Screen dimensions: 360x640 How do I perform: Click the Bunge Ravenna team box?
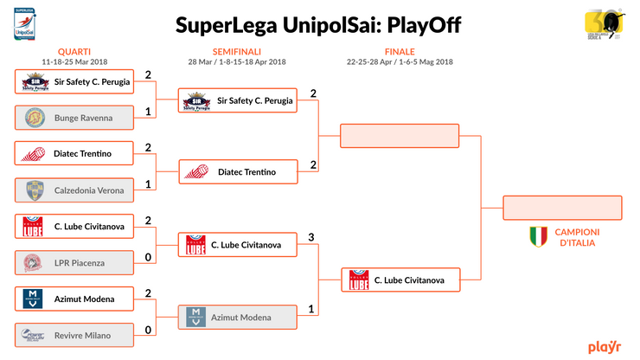click(x=74, y=117)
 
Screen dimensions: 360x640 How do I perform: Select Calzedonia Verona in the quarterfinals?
click(x=74, y=190)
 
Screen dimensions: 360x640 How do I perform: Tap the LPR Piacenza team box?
click(x=74, y=262)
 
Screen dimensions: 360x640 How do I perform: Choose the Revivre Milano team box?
click(x=74, y=335)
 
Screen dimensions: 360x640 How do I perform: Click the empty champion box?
click(x=563, y=209)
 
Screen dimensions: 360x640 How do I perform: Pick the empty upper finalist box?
click(x=399, y=136)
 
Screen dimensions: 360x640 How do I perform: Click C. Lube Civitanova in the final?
click(x=399, y=280)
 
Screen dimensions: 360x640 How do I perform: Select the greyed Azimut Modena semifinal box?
click(x=237, y=318)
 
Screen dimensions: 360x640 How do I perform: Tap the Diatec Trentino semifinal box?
click(x=237, y=172)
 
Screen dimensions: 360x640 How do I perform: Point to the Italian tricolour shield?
click(x=539, y=236)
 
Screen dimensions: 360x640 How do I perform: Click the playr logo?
click(x=605, y=347)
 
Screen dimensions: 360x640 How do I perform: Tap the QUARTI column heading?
click(x=74, y=51)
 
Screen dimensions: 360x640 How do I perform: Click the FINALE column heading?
click(x=400, y=51)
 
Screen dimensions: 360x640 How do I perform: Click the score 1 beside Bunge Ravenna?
click(x=149, y=112)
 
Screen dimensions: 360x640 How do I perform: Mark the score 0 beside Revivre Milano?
click(x=149, y=330)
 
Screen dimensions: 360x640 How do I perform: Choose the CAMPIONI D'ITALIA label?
click(x=577, y=237)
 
